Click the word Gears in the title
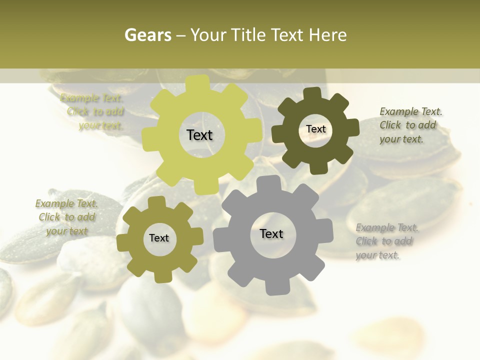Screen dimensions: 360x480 click(x=147, y=35)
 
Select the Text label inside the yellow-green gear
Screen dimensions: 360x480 click(x=200, y=135)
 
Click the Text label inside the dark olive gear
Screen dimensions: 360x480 click(x=316, y=129)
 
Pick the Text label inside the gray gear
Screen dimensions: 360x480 click(x=271, y=233)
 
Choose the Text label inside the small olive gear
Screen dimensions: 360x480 click(x=159, y=238)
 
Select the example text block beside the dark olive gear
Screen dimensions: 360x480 click(x=411, y=125)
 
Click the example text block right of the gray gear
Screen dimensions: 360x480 click(x=387, y=241)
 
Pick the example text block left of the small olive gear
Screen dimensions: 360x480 click(x=66, y=217)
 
